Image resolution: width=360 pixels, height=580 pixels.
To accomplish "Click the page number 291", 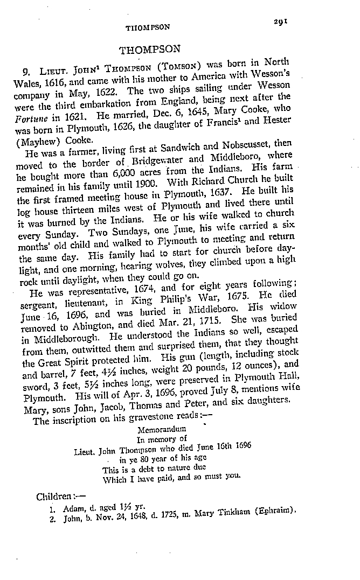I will click(281, 21).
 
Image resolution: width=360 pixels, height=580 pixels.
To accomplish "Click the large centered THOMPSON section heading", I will click(150, 50).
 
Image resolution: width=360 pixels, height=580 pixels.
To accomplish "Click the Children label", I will click(53, 496).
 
